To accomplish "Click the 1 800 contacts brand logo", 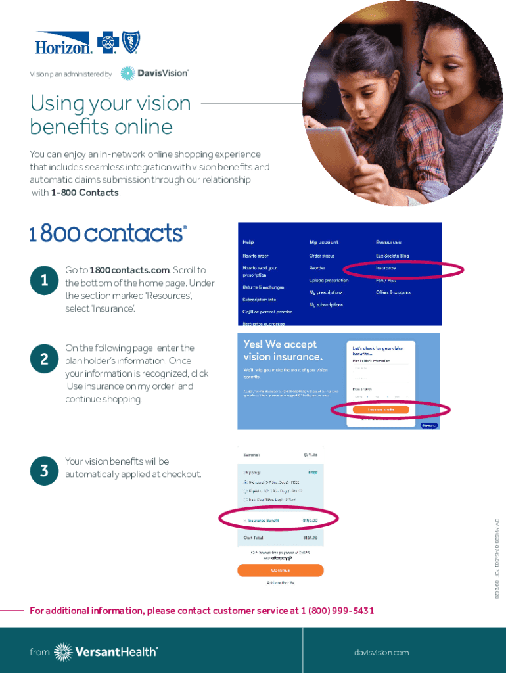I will click(x=108, y=233).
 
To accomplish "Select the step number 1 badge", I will click(x=44, y=281).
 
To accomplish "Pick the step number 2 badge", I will click(x=44, y=359).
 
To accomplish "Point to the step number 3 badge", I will click(x=44, y=471).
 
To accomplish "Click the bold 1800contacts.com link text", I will click(x=129, y=270).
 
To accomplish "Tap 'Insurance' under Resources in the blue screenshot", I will click(x=386, y=268).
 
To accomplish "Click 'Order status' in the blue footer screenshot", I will click(x=322, y=256).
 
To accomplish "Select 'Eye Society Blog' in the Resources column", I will click(x=392, y=256).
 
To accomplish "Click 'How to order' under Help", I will click(x=256, y=256).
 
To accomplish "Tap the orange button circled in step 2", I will click(x=380, y=409).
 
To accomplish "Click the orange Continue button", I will click(x=280, y=570).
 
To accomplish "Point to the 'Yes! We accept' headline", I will click(x=280, y=344).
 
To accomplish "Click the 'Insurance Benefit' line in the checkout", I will click(x=264, y=520).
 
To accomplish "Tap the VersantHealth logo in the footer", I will click(x=106, y=651).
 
